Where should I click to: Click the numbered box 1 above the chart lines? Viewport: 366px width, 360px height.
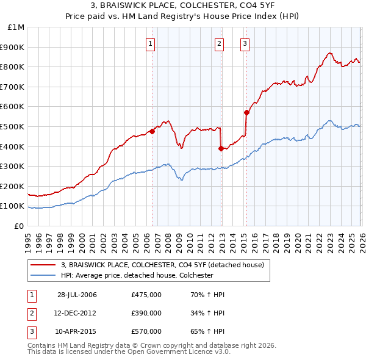click(x=150, y=43)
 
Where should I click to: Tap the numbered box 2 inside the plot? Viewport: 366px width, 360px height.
click(x=219, y=43)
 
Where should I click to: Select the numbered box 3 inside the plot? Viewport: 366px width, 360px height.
click(x=245, y=43)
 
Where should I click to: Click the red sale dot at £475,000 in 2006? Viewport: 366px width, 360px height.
click(x=152, y=131)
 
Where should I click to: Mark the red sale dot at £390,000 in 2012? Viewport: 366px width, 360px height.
click(x=221, y=148)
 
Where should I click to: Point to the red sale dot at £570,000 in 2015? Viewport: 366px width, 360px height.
click(x=246, y=112)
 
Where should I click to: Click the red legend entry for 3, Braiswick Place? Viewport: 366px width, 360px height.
click(x=162, y=265)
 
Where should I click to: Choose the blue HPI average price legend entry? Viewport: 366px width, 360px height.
click(x=136, y=275)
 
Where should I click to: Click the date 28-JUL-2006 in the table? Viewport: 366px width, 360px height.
click(x=77, y=295)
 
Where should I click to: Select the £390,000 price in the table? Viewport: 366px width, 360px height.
click(x=146, y=313)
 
